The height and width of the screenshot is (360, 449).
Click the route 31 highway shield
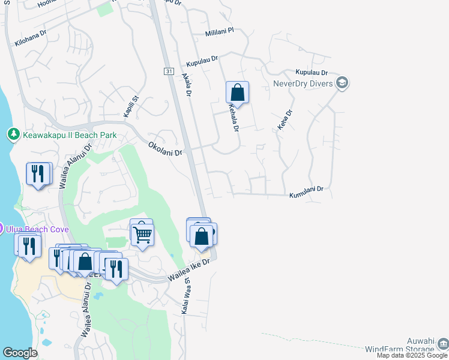click(x=169, y=71)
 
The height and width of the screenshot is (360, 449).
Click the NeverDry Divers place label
click(x=303, y=83)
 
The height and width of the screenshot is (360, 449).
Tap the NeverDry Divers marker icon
click(x=343, y=83)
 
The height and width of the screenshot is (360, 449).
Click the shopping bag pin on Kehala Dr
click(x=237, y=93)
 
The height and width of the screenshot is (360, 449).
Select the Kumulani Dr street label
click(x=306, y=191)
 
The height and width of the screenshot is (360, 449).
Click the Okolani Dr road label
click(x=165, y=148)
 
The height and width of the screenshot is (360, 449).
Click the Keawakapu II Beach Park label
click(x=70, y=135)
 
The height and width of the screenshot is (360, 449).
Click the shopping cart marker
click(x=142, y=234)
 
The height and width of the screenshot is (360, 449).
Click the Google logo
click(x=20, y=353)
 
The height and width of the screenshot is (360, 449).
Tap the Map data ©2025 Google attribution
click(x=412, y=355)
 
